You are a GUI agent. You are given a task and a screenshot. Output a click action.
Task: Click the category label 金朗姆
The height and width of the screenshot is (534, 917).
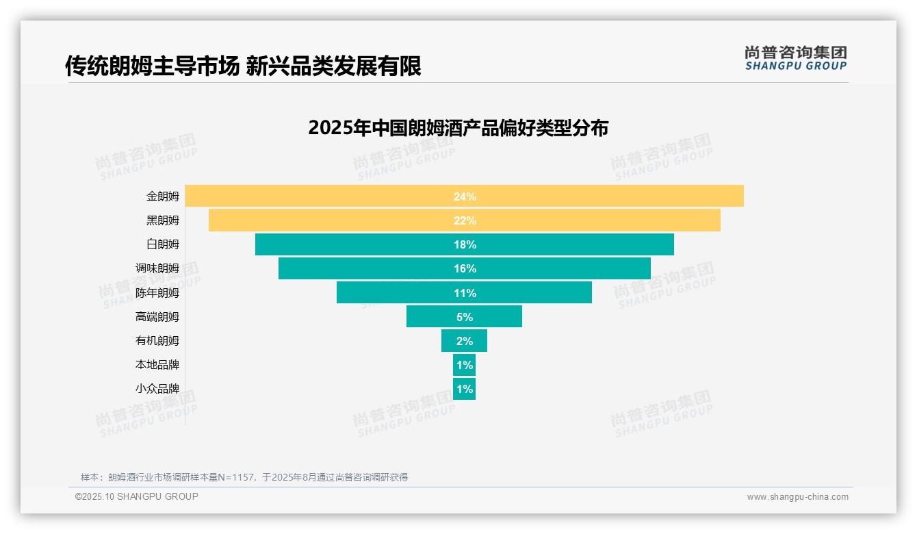point(162,196)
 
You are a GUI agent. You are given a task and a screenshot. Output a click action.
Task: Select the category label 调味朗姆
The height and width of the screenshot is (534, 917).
point(157,268)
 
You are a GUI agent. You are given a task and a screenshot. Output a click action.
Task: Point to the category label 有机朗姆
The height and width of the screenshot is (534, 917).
point(157,340)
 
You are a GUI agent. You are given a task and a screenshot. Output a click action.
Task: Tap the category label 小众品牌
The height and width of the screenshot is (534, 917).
point(157,389)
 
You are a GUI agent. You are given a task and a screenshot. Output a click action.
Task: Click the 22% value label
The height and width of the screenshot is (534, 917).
point(465,220)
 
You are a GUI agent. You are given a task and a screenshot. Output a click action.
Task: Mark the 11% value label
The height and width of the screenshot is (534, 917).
point(465,293)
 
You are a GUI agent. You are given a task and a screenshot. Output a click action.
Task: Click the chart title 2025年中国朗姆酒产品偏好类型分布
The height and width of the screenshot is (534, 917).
point(458,128)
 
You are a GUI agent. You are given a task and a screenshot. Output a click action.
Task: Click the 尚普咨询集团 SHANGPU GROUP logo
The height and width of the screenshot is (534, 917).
point(795,58)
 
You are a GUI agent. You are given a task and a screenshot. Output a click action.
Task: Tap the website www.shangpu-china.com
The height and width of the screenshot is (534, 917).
point(797,497)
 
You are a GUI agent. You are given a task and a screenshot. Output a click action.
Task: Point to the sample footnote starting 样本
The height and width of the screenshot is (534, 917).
point(244,477)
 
